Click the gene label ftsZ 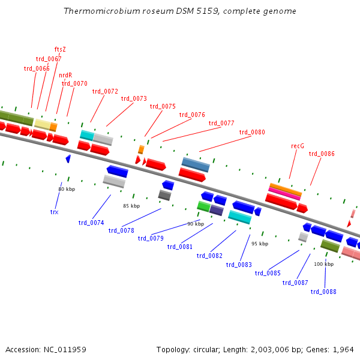point(60,49)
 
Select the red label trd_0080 point(252,132)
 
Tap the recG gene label point(298,146)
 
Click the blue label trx point(54,212)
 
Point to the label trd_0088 point(323,292)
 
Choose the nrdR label point(65,76)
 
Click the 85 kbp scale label point(131,206)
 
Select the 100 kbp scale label point(323,264)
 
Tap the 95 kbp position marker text point(260,244)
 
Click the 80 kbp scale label point(67,189)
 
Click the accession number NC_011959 point(46,349)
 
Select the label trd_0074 point(91,223)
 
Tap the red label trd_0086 point(322,154)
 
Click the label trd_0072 point(105,91)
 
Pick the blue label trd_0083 point(239,265)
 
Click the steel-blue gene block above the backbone point(196,164)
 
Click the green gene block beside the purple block point(203,206)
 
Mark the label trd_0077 point(221,123)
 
